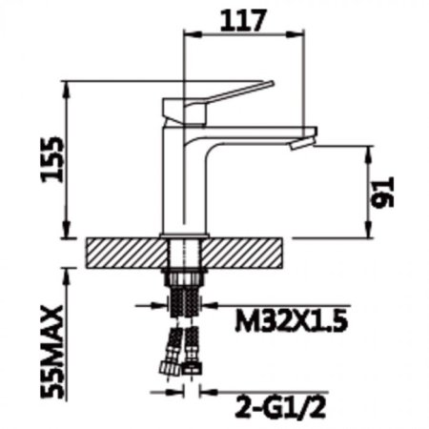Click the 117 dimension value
click(242, 20)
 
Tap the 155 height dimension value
click(52, 159)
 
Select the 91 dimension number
click(383, 193)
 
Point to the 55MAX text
click(52, 352)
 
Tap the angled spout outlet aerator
click(303, 142)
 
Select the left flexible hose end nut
click(168, 368)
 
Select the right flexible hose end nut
click(192, 369)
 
